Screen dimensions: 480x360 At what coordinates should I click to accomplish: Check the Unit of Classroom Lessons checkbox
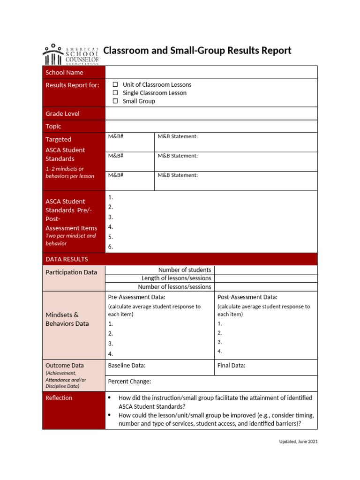[115, 85]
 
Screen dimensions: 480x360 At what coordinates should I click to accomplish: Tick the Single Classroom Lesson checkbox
[115, 93]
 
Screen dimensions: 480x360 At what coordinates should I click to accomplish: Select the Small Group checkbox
[115, 101]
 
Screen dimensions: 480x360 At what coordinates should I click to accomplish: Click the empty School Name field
[211, 72]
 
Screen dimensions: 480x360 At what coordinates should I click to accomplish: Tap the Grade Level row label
[62, 113]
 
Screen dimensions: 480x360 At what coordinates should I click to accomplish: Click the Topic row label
[53, 126]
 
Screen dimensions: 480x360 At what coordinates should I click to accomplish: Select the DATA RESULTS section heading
[67, 259]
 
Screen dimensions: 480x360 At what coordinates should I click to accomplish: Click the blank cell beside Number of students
[265, 270]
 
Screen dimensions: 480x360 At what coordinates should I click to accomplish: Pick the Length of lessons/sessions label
[176, 278]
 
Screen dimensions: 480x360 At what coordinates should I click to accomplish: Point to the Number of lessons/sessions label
[174, 287]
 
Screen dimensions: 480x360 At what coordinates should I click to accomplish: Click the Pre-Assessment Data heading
[136, 297]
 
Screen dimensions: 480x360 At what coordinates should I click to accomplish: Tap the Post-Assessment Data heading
[247, 297]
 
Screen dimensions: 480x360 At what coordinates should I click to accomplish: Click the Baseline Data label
[127, 366]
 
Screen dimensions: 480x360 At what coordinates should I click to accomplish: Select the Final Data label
[231, 366]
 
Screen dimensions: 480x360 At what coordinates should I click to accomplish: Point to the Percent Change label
[129, 382]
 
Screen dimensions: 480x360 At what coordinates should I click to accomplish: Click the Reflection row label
[59, 398]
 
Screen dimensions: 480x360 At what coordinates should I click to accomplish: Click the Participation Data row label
[71, 272]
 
